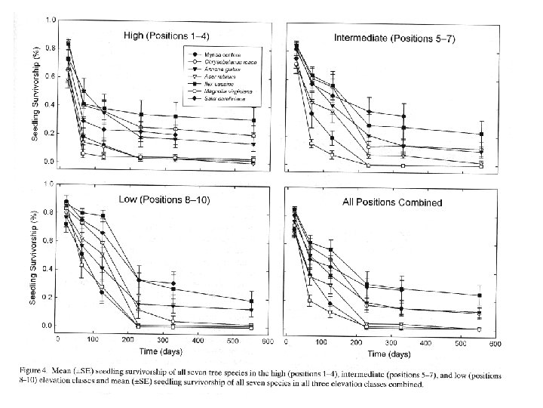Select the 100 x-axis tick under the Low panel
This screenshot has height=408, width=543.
92,342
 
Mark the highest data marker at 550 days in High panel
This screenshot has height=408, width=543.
253,121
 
